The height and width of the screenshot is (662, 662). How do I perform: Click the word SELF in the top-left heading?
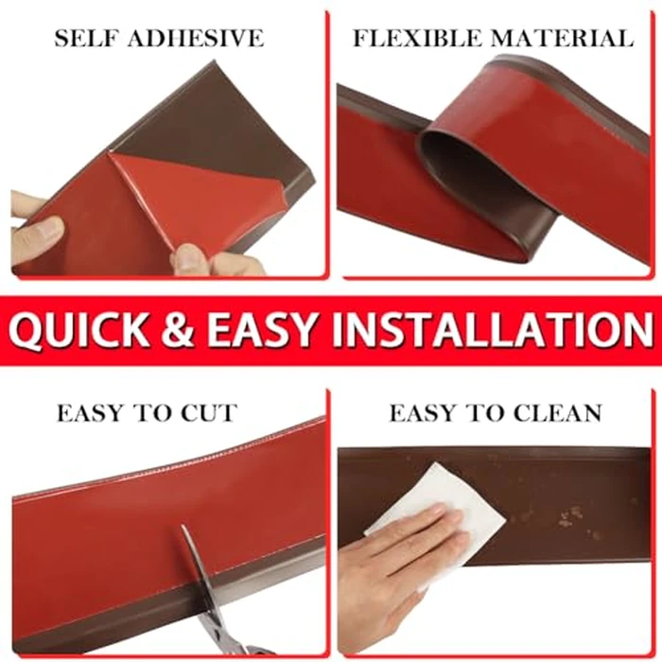[x=87, y=39]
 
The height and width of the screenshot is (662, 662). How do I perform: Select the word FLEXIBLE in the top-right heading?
[x=415, y=39]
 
